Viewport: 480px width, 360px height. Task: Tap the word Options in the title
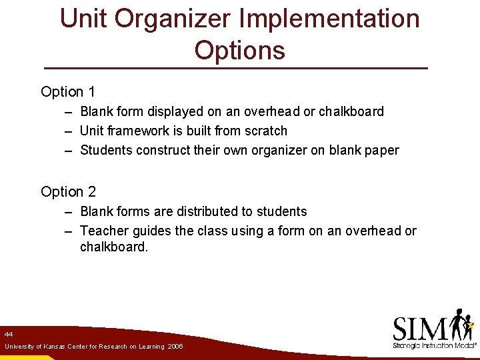240,51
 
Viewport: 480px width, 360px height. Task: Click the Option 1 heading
68,92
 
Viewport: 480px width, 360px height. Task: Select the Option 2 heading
68,192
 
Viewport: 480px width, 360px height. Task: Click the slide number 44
8,333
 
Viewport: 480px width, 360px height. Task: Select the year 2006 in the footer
175,347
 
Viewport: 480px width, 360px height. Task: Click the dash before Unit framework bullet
69,131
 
